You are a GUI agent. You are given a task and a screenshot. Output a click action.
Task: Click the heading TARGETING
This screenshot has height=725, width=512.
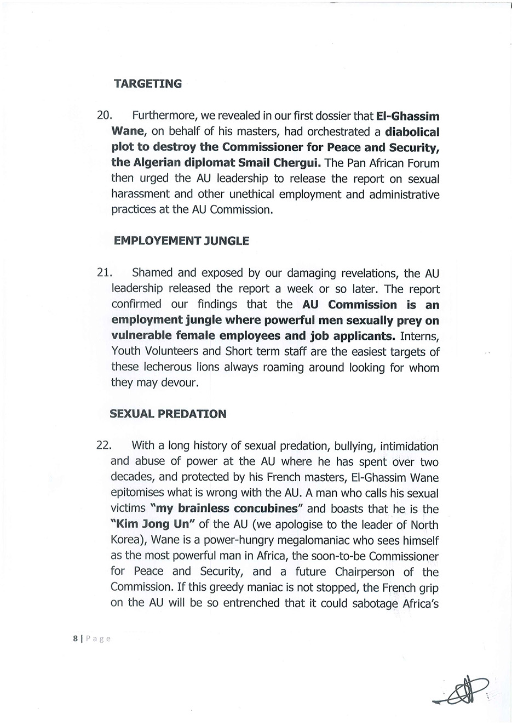[x=147, y=84]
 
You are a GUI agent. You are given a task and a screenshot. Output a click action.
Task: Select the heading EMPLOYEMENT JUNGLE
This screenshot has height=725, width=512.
[x=181, y=241]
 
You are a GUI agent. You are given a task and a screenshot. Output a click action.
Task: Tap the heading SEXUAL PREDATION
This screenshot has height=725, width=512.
[x=168, y=414]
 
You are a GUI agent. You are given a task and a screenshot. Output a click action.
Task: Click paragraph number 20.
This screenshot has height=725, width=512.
[x=104, y=116]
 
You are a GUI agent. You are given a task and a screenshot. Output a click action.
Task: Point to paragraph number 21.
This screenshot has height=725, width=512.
[x=104, y=273]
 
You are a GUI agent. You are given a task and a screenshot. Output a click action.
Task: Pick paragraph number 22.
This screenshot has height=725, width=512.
[x=103, y=446]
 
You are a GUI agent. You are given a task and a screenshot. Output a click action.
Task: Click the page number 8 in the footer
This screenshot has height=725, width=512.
[x=76, y=638]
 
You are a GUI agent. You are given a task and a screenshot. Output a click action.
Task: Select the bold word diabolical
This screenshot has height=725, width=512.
[x=412, y=132]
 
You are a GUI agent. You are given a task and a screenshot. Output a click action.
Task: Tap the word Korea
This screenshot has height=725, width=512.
[x=126, y=540]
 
